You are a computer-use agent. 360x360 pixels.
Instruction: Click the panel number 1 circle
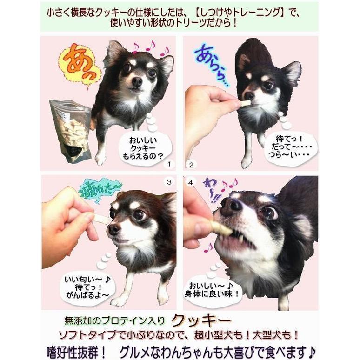169,164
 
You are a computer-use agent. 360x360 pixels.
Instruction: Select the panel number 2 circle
191,164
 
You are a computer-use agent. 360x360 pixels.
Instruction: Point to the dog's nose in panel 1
137,81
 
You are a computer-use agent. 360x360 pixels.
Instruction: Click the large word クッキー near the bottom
200,320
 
